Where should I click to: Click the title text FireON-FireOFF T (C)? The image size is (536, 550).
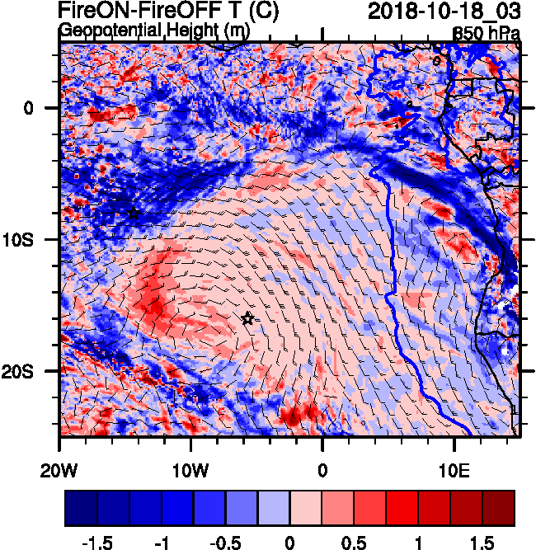[168, 12]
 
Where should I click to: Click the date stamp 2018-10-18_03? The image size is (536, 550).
[443, 12]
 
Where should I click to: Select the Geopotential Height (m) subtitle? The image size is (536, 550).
[153, 31]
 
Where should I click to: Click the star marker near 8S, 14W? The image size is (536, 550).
[134, 214]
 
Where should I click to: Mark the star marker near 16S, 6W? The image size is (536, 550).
[247, 318]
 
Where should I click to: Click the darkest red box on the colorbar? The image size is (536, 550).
[499, 509]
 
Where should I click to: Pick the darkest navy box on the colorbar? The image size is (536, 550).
[81, 509]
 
